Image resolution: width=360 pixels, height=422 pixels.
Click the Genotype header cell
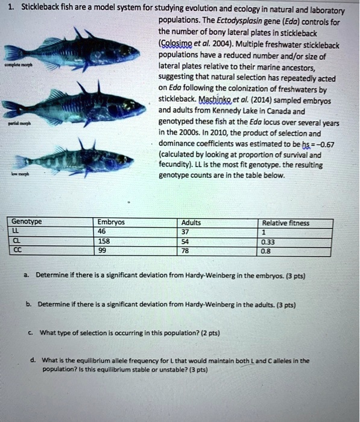coord(26,222)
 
